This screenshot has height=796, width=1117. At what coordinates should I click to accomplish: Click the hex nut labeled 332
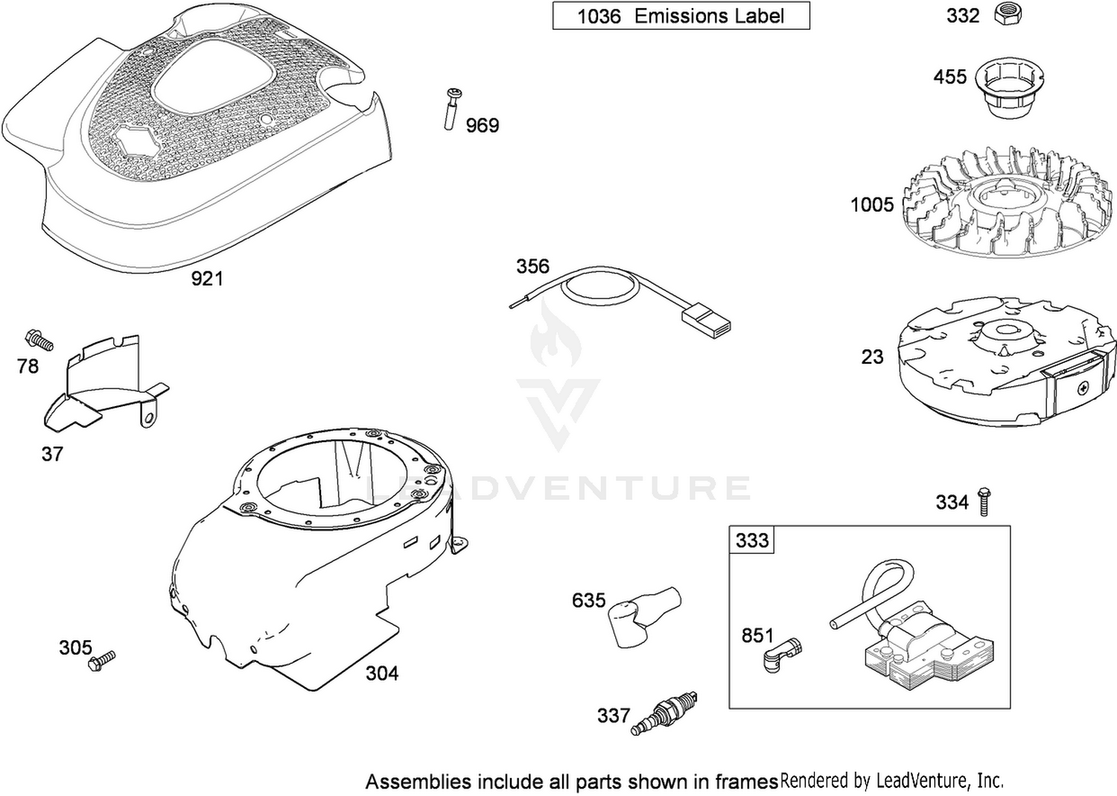click(1008, 14)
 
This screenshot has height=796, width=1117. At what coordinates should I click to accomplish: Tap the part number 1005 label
click(872, 205)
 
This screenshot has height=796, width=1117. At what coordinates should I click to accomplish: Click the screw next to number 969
click(452, 110)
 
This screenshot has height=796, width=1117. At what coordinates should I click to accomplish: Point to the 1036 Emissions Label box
click(681, 16)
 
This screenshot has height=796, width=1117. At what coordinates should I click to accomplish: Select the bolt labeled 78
click(39, 339)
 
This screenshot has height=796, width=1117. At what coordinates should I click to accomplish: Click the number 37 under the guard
click(52, 454)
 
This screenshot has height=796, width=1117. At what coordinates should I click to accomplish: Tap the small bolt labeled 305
click(101, 661)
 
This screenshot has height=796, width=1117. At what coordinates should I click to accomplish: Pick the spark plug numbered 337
click(663, 713)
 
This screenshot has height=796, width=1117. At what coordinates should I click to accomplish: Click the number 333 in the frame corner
click(752, 540)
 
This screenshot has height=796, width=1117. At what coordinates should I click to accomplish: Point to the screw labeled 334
click(984, 502)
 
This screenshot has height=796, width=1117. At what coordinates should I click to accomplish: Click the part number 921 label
click(207, 279)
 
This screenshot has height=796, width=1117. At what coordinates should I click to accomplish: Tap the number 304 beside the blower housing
click(382, 673)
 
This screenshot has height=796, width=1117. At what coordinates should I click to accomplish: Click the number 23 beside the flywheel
click(872, 357)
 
